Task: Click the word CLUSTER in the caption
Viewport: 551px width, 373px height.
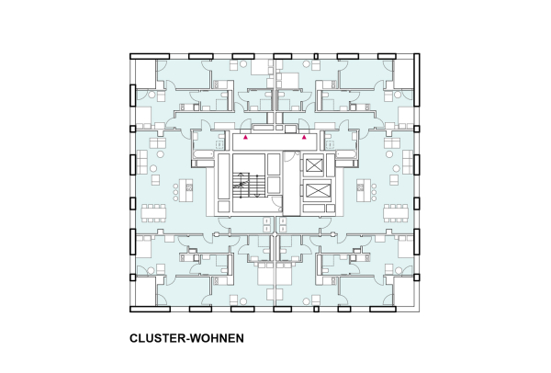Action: point(155,338)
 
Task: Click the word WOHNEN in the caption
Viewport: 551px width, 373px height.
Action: point(216,338)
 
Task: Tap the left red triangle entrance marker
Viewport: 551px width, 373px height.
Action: point(245,137)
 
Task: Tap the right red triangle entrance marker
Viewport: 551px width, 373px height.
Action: point(304,137)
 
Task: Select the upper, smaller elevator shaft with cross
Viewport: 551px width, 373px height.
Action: point(315,166)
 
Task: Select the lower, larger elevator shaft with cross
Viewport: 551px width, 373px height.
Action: point(316,195)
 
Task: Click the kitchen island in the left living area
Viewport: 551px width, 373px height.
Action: point(188,190)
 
